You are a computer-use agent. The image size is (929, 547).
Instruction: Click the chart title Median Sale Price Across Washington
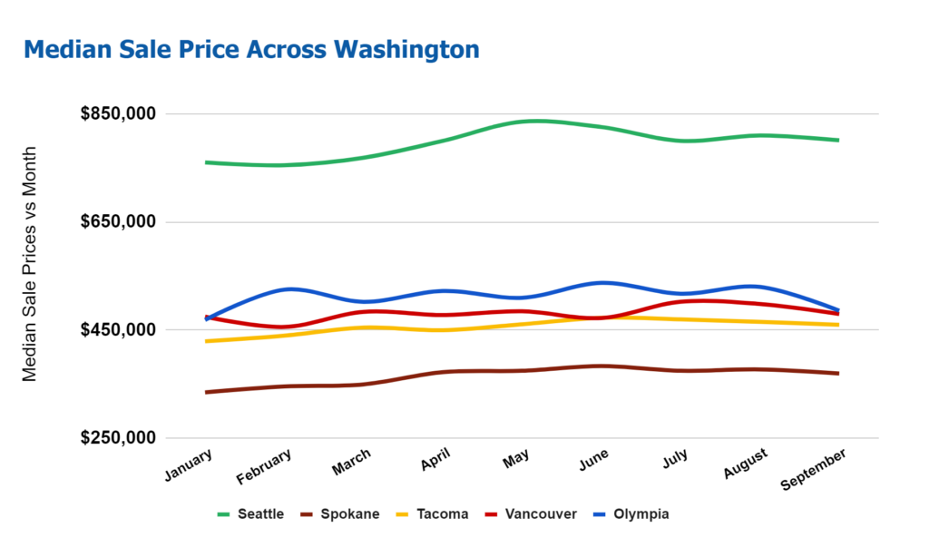point(251,49)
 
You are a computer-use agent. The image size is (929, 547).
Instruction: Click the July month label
point(676,458)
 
